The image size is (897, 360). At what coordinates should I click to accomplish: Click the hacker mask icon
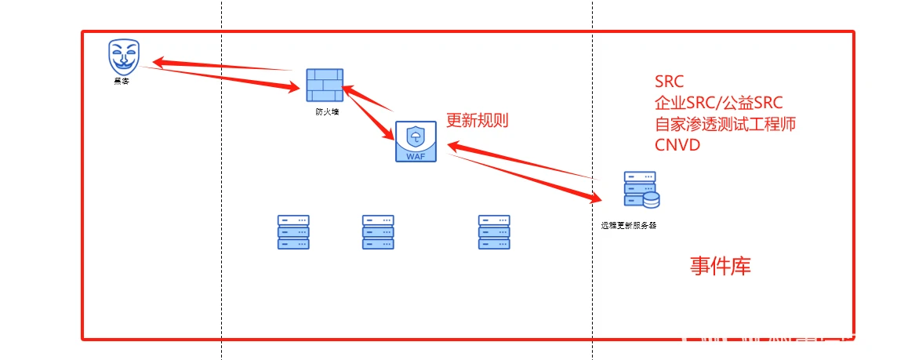[x=124, y=56]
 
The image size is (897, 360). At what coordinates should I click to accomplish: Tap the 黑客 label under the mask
[x=122, y=80]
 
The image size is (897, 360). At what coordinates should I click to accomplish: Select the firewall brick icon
[x=324, y=85]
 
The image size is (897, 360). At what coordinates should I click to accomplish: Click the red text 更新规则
[x=478, y=121]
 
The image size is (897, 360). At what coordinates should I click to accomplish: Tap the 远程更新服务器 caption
[x=629, y=225]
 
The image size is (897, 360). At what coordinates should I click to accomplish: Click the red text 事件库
[x=721, y=267]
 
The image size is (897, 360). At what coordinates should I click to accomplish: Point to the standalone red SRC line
[x=669, y=82]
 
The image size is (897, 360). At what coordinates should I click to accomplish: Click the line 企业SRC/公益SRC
[x=718, y=103]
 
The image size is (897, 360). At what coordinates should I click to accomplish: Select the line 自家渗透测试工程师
[x=725, y=124]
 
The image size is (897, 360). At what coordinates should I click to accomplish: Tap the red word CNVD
[x=677, y=145]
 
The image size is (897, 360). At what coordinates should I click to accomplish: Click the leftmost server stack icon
[x=293, y=232]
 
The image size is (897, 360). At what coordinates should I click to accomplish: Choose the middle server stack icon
[x=378, y=232]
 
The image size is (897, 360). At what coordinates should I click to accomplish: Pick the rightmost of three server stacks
[x=494, y=232]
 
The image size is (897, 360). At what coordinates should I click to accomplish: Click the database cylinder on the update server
[x=651, y=200]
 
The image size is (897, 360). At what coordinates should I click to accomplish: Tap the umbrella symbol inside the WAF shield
[x=415, y=136]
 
